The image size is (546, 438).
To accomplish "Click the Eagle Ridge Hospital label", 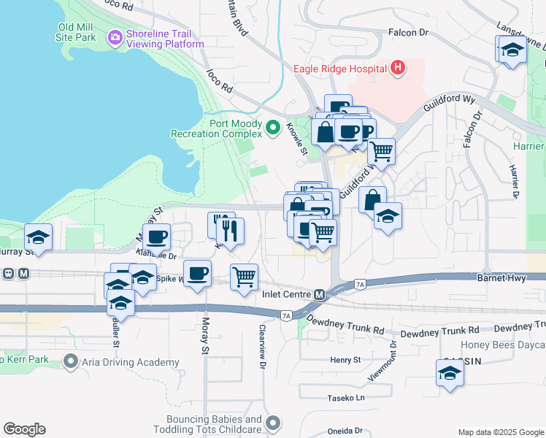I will [x=339, y=69].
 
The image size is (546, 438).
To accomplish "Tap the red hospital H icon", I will [x=397, y=69].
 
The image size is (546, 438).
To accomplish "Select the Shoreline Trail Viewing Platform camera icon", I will [x=115, y=37].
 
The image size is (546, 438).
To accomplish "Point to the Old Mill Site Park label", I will [x=87, y=32].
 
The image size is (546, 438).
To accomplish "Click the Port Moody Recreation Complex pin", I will [x=273, y=128].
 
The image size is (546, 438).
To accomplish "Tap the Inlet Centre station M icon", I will [x=320, y=294].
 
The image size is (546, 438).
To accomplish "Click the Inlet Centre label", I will [x=287, y=294].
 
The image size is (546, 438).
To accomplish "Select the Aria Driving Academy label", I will [x=131, y=362].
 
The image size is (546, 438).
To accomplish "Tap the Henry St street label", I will [x=345, y=360].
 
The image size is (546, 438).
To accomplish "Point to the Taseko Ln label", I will [x=345, y=398].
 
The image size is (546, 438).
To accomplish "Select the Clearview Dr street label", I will [x=261, y=344].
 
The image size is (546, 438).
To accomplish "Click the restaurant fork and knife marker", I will [x=230, y=231].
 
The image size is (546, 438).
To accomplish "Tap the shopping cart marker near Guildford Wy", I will [x=381, y=151].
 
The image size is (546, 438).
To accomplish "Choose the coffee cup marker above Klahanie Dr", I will [x=157, y=237].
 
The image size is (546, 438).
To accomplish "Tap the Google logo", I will [x=24, y=429].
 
